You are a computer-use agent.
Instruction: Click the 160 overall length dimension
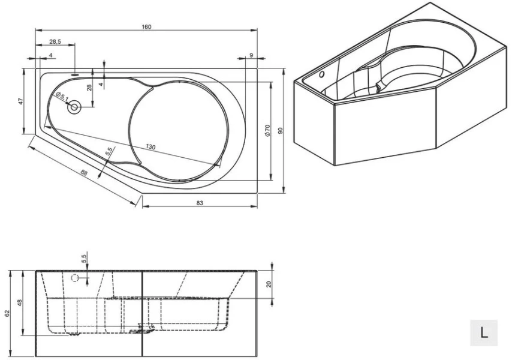pos(146,26)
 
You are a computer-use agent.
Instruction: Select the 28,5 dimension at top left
pos(55,42)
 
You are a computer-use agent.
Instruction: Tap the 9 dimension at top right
pos(250,55)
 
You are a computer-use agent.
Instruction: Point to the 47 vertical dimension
pos(20,101)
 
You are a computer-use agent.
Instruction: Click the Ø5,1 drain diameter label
pos(62,97)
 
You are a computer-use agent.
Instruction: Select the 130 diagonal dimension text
pos(152,147)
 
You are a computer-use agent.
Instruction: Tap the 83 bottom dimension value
pos(200,203)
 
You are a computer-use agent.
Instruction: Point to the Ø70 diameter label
pos(268,131)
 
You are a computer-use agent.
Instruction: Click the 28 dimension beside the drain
pos(89,88)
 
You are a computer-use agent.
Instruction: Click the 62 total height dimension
pos(7,313)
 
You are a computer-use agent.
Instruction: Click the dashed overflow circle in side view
pos(74,278)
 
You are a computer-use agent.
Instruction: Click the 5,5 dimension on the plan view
pos(109,153)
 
